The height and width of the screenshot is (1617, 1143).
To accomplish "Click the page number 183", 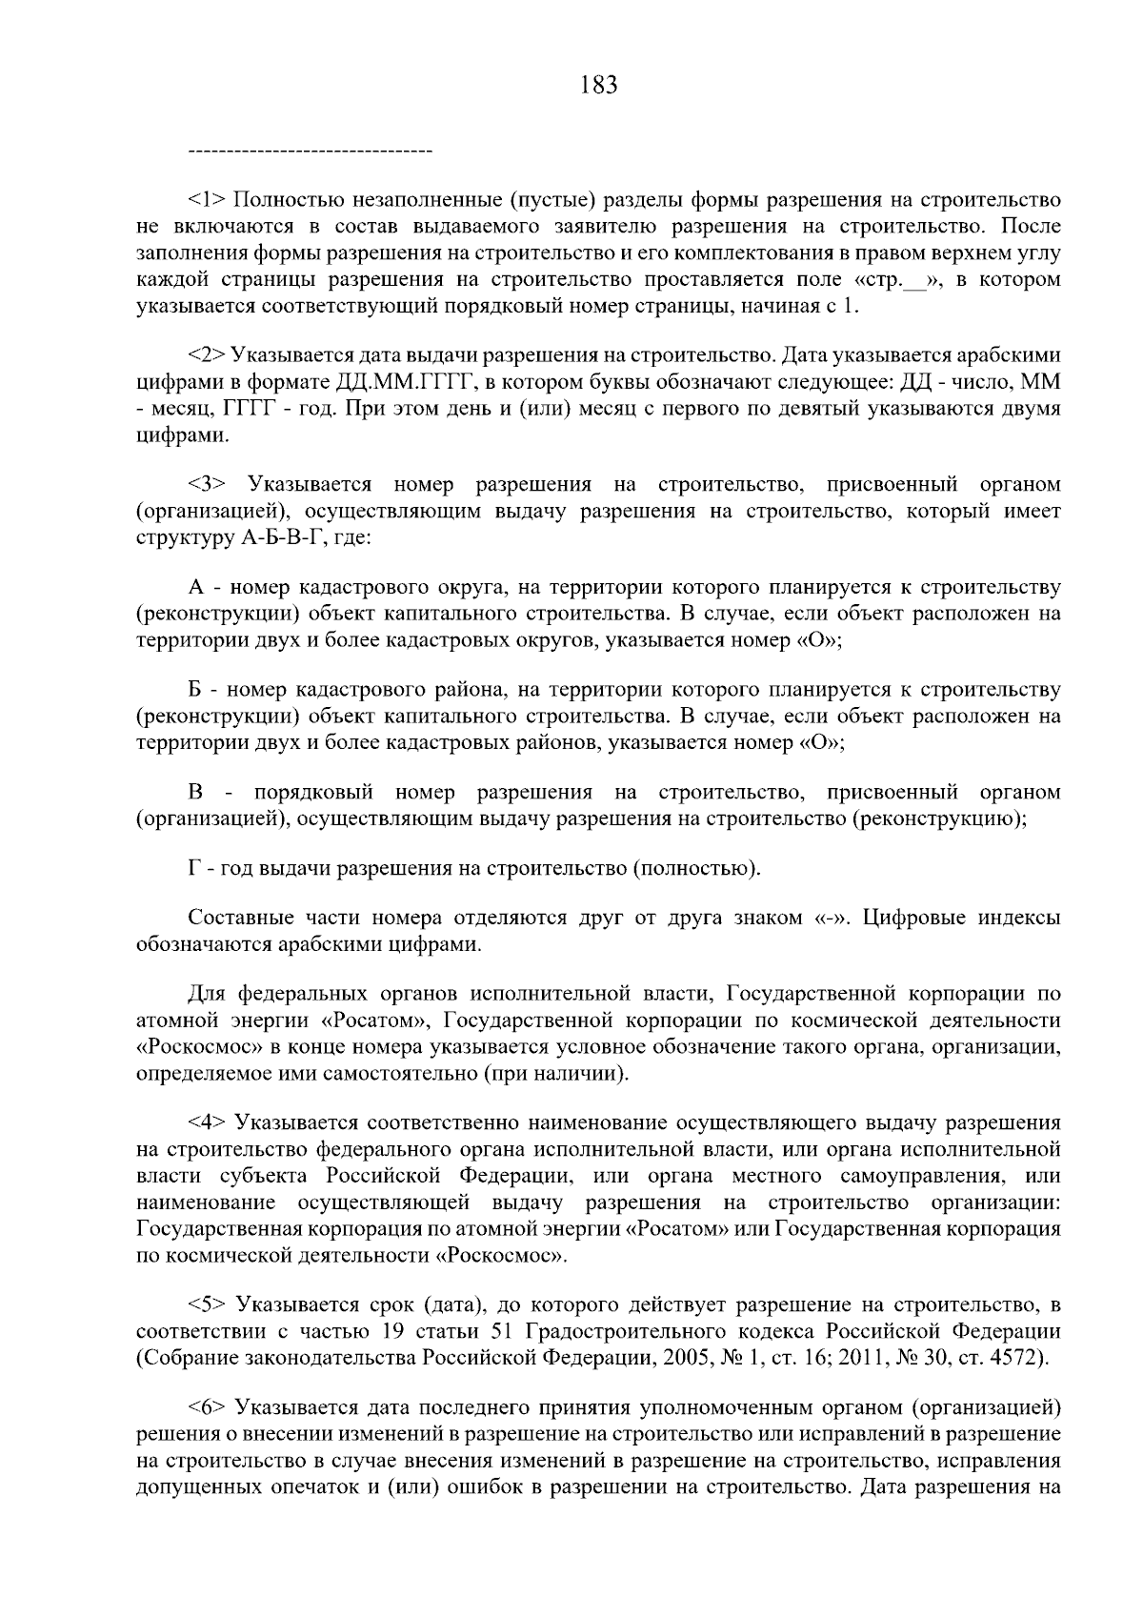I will click(x=599, y=86).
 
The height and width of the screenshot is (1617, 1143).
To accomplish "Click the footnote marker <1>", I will click(x=207, y=201).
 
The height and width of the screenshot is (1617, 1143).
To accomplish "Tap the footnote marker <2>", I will click(x=207, y=355).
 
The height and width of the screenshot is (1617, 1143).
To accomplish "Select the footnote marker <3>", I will click(x=207, y=484).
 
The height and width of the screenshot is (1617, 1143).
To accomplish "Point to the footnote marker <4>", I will click(x=207, y=1122).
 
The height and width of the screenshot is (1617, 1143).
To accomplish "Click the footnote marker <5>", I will click(x=207, y=1303).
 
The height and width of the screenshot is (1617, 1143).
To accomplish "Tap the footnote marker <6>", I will click(x=207, y=1406).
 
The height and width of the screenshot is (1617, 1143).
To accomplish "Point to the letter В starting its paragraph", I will click(x=196, y=793).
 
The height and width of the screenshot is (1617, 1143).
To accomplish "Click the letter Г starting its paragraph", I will click(x=193, y=868).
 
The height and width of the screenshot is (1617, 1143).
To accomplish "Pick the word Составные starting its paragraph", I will click(x=241, y=919).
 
